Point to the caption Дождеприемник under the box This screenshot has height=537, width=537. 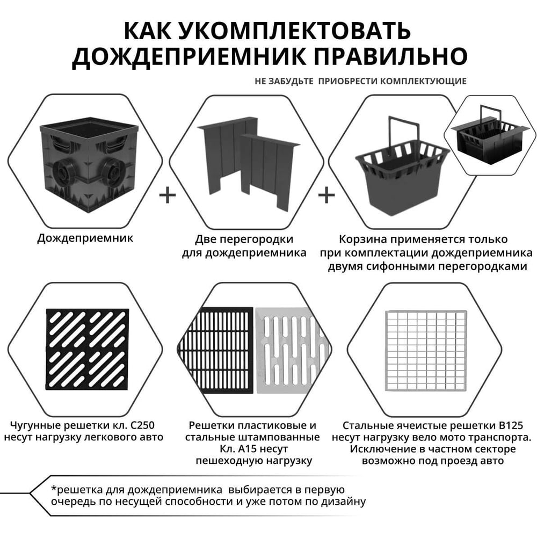pyautogui.click(x=85, y=238)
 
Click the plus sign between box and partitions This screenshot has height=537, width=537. pyautogui.click(x=168, y=195)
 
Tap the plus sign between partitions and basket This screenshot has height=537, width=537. pyautogui.click(x=326, y=195)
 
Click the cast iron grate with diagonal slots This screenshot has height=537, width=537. pyautogui.click(x=88, y=350)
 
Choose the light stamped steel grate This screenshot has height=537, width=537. pyautogui.click(x=292, y=350)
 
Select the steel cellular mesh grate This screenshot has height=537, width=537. pyautogui.click(x=426, y=350)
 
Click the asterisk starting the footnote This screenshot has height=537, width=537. pyautogui.click(x=54, y=488)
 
